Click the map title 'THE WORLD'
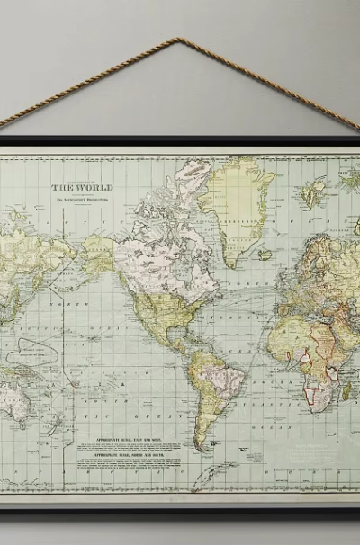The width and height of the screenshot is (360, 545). point(82,187)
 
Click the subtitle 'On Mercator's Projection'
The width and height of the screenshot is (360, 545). point(82,201)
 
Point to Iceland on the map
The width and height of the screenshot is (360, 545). point(264,255)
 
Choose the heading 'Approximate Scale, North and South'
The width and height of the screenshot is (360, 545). point(132,455)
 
